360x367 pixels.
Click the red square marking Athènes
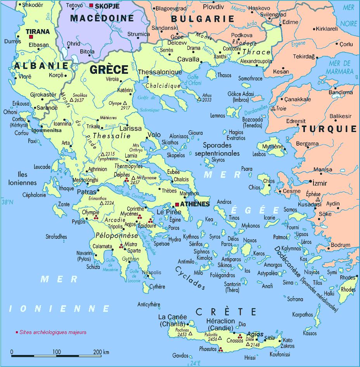click(x=177, y=204)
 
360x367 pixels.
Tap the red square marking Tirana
click(x=30, y=37)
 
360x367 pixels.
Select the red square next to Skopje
click(x=91, y=5)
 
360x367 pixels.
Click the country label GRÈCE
click(x=109, y=70)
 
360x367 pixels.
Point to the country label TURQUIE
click(x=329, y=129)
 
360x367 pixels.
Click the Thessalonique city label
click(x=160, y=72)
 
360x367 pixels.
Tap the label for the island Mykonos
click(x=250, y=226)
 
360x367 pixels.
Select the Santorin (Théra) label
click(x=232, y=287)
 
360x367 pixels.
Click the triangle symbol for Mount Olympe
click(x=125, y=104)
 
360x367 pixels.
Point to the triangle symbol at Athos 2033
click(x=199, y=99)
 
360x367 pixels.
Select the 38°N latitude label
click(x=7, y=202)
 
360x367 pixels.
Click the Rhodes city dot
click(x=357, y=277)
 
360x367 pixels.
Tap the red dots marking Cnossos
click(x=240, y=336)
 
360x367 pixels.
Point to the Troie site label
click(x=281, y=109)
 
